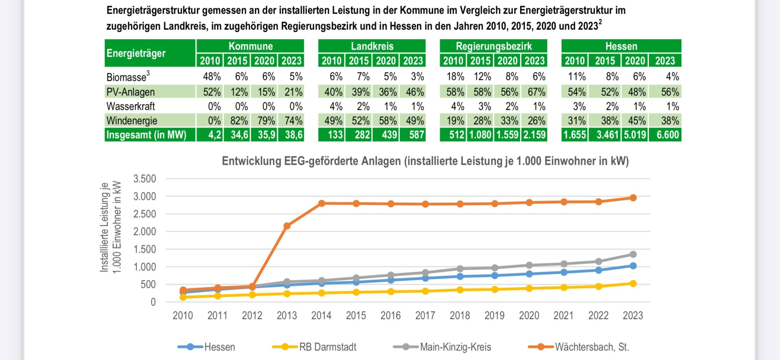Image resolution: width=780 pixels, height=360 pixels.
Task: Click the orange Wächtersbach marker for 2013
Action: pyautogui.click(x=287, y=226)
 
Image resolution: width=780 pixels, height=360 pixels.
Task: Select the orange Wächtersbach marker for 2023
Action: pyautogui.click(x=633, y=198)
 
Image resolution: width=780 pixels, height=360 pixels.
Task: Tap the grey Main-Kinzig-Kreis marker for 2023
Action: pyautogui.click(x=633, y=254)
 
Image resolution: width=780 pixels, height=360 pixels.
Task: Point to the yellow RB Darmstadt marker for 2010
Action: pyautogui.click(x=183, y=297)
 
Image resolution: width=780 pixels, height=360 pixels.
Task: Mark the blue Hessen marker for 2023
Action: pyautogui.click(x=633, y=266)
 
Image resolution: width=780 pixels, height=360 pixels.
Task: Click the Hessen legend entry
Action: pyautogui.click(x=206, y=347)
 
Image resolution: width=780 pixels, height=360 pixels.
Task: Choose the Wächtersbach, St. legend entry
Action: pyautogui.click(x=578, y=347)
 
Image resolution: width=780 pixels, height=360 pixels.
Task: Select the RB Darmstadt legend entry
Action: pyautogui.click(x=314, y=347)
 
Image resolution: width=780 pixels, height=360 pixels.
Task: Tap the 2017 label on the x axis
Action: pyautogui.click(x=425, y=316)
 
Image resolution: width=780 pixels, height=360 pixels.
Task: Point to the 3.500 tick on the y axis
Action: pyautogui.click(x=145, y=179)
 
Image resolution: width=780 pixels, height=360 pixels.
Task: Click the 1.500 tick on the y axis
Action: pyautogui.click(x=145, y=249)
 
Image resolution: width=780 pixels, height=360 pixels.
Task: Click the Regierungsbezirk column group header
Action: pyautogui.click(x=494, y=46)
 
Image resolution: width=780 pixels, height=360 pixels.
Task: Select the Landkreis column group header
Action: pyautogui.click(x=372, y=46)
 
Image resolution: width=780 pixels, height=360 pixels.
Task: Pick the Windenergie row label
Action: pyautogui.click(x=132, y=121)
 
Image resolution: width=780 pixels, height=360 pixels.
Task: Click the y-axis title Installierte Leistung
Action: pyautogui.click(x=104, y=228)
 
